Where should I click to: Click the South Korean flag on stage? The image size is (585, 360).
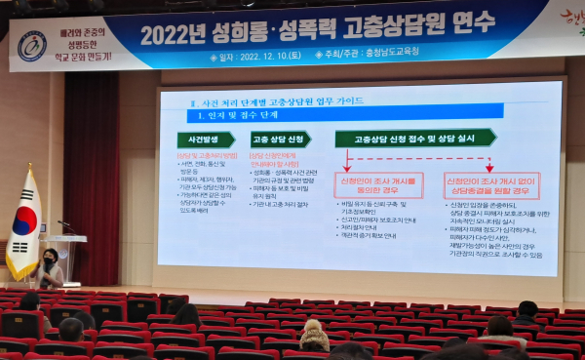[x=23, y=226]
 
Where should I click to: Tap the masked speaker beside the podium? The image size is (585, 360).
[x=49, y=267]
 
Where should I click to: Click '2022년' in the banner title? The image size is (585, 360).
[x=175, y=33]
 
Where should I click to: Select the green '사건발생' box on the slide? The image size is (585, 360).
[x=204, y=140]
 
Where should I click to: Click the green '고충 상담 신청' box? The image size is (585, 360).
[x=280, y=139]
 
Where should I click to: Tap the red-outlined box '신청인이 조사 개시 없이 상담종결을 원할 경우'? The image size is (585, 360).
[x=492, y=184]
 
